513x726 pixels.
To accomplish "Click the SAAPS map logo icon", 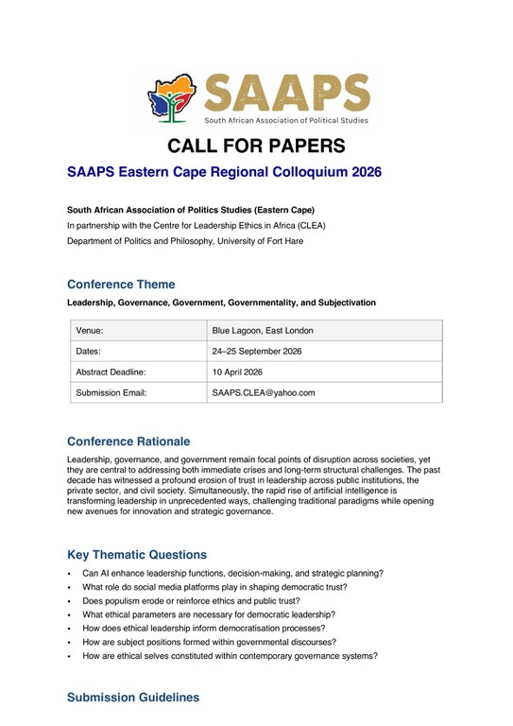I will click(x=172, y=97).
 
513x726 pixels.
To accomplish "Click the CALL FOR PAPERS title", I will click(x=256, y=146).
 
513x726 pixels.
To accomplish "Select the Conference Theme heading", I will click(x=121, y=284).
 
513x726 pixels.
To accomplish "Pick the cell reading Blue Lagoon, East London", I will click(x=263, y=330).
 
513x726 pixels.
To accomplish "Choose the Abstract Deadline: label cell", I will click(x=111, y=372).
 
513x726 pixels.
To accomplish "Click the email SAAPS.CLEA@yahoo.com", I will click(x=264, y=392).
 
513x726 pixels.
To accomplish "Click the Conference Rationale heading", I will click(x=128, y=441).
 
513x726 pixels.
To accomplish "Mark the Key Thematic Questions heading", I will click(x=137, y=555).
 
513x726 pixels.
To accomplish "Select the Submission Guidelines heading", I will click(x=133, y=698).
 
